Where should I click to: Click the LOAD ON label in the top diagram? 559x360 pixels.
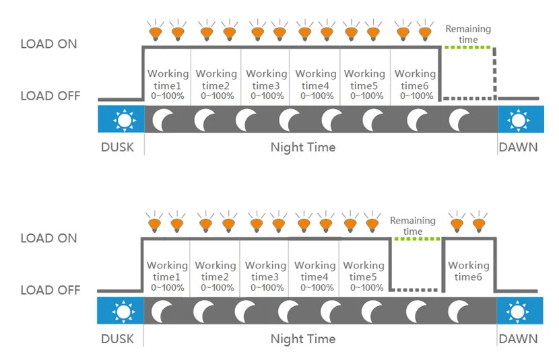coord(48,44)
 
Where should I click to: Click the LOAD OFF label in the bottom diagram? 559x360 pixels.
coord(50,290)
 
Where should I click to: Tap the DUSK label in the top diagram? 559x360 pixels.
coord(118,147)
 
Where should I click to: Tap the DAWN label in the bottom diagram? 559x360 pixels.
coord(518,338)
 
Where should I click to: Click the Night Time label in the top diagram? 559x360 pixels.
coord(302,147)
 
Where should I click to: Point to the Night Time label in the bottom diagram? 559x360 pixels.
coord(302,338)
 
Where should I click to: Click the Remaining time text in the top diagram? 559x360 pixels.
coord(468,34)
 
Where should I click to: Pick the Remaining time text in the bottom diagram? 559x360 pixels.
coord(413,226)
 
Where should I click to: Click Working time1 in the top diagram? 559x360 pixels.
coord(168,79)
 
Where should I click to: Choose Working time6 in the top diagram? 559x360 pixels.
coord(415,79)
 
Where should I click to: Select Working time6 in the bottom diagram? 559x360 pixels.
coord(468,271)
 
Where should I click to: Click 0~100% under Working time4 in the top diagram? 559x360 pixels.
coord(316,96)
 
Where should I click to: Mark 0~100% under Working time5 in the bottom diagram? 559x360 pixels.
coord(364,287)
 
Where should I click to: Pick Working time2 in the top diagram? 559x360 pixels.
coord(216,79)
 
